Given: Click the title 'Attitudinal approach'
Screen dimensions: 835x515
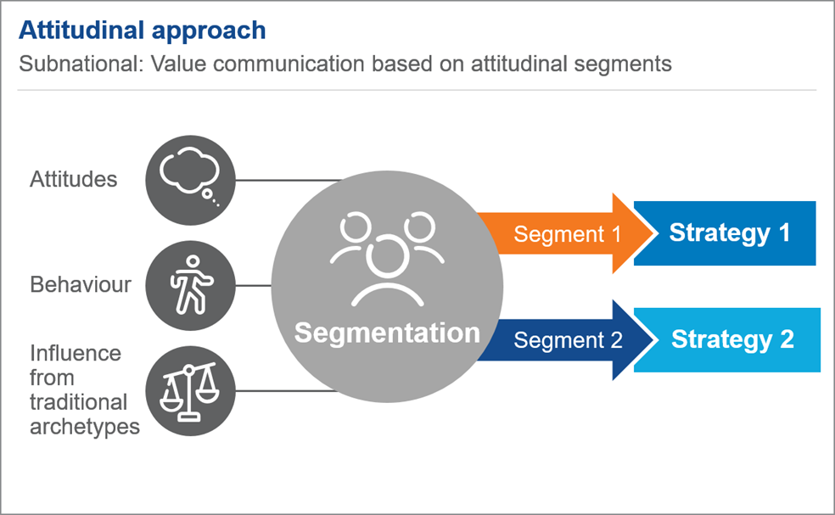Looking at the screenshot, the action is point(143,31).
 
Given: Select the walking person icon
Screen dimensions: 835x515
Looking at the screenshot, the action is point(190,285).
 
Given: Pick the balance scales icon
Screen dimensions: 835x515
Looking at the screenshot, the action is point(190,391).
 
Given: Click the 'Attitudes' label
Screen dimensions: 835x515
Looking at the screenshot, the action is point(74,180).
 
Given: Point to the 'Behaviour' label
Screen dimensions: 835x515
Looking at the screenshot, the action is point(81,285).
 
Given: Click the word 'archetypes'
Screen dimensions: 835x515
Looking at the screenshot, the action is point(85,427).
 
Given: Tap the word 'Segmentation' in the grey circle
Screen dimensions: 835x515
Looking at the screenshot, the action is point(387,333).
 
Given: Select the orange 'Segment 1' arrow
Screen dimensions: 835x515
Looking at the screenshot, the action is point(564,233).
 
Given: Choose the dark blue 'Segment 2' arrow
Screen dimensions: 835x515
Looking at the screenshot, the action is point(564,339).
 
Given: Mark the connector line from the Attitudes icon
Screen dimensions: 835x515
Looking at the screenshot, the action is point(289,181).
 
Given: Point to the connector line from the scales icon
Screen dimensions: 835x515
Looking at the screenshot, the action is point(287,391).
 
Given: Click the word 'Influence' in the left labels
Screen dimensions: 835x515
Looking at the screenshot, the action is point(76,353).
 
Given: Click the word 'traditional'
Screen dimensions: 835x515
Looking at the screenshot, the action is point(78,402).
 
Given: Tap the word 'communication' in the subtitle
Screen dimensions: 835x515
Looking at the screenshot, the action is point(289,64).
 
